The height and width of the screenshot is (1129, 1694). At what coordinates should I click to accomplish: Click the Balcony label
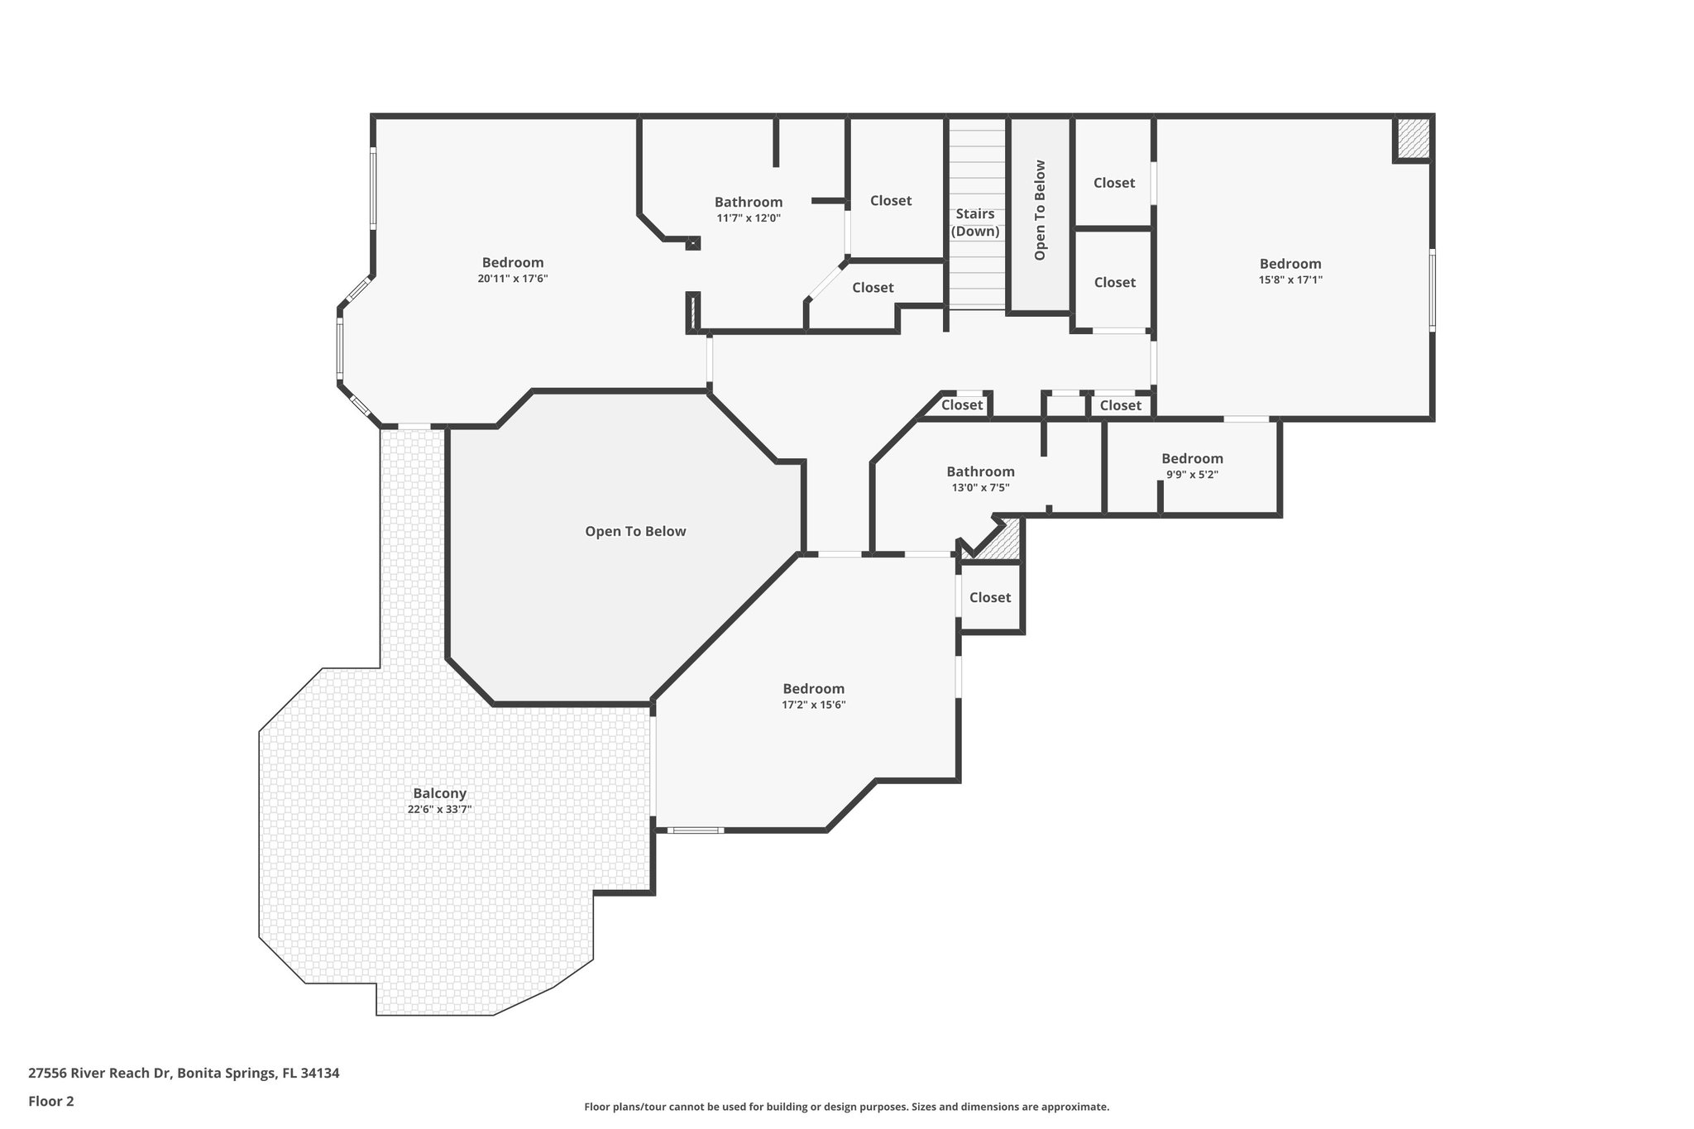pos(440,793)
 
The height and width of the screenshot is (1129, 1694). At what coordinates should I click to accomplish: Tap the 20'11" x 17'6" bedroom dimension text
pos(512,279)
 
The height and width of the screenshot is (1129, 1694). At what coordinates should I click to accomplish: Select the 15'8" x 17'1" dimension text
pos(1290,280)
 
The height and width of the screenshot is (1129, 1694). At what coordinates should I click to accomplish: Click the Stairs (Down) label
pos(975,222)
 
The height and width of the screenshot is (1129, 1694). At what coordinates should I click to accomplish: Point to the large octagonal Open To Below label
pos(635,531)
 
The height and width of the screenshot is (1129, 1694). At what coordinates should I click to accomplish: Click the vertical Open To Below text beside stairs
pos(1040,210)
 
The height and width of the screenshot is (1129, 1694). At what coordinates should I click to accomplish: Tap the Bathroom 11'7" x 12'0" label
pos(749,202)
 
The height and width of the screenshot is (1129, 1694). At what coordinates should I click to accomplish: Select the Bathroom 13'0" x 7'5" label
pos(980,471)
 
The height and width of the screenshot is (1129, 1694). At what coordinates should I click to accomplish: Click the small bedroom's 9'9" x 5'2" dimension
pos(1192,475)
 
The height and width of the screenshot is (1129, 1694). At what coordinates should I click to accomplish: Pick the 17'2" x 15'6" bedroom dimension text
pos(814,705)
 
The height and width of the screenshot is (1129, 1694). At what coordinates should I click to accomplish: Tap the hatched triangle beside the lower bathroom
pos(1004,542)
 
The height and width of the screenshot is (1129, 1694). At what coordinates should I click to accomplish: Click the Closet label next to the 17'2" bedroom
pos(990,597)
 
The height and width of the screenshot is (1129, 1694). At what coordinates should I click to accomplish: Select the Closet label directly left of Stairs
pos(891,200)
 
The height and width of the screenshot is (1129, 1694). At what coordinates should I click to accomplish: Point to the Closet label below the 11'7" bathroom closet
pos(873,287)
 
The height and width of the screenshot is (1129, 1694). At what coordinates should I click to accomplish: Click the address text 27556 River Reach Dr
pos(184,1073)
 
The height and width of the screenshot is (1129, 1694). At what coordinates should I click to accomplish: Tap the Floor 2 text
pos(51,1101)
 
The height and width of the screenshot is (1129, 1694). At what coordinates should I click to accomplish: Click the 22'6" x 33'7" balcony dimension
pos(440,810)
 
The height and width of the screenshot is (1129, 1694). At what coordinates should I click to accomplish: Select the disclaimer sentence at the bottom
pos(846,1107)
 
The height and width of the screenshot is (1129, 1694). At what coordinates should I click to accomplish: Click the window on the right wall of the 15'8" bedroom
pos(1432,290)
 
